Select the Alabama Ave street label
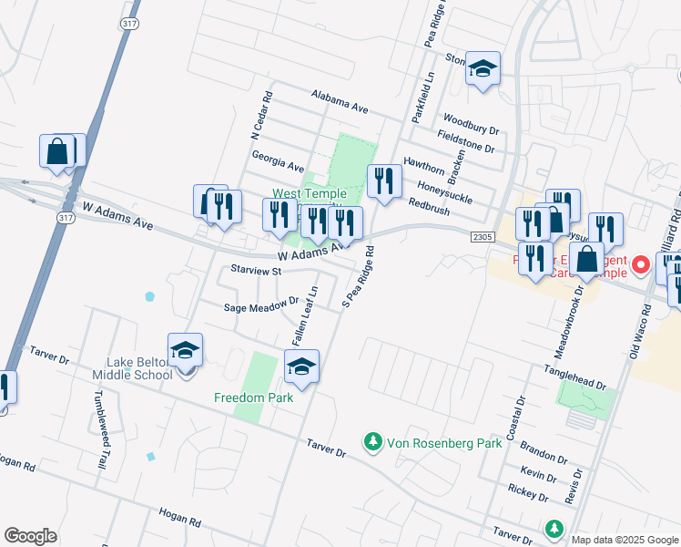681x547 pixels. pyautogui.click(x=339, y=101)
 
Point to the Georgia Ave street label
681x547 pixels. pyautogui.click(x=278, y=161)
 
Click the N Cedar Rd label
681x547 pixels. pyautogui.click(x=261, y=115)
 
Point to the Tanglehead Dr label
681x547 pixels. pyautogui.click(x=574, y=375)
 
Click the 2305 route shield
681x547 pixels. pyautogui.click(x=483, y=237)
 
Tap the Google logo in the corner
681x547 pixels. pyautogui.click(x=30, y=536)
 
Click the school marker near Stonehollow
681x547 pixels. pyautogui.click(x=483, y=68)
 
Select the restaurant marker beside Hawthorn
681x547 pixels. pyautogui.click(x=384, y=181)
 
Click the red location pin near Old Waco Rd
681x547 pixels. pyautogui.click(x=641, y=266)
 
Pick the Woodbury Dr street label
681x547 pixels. pyautogui.click(x=471, y=125)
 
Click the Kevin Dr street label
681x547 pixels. pyautogui.click(x=539, y=476)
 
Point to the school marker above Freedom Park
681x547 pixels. pyautogui.click(x=301, y=368)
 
